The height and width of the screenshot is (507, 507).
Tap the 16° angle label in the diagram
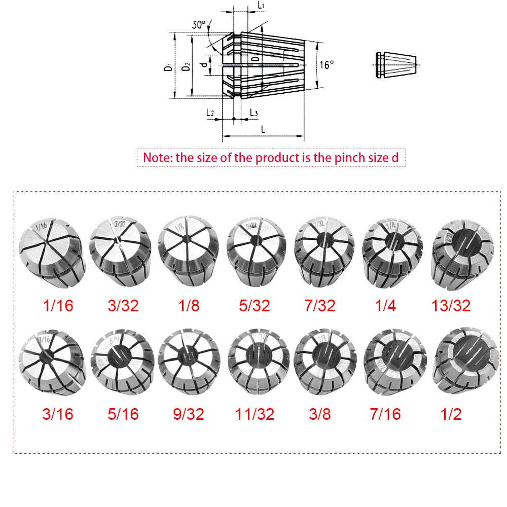[x=328, y=65]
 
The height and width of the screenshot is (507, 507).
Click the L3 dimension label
[x=254, y=113]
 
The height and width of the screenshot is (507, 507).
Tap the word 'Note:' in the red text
[x=158, y=157]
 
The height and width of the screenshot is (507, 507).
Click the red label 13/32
[x=451, y=305]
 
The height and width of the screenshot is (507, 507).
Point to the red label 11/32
[x=255, y=414]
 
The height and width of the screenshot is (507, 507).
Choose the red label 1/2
[x=451, y=414]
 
